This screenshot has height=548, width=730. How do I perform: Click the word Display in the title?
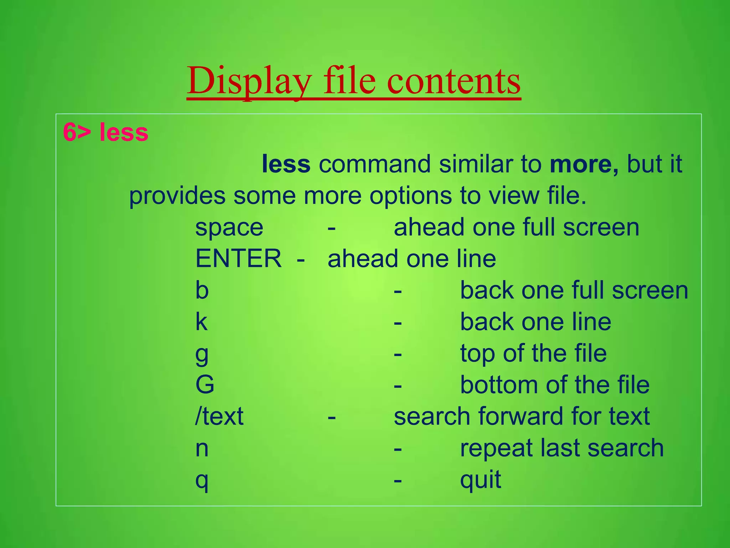pos(250,81)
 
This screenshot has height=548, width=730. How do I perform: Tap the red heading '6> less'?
pos(106,132)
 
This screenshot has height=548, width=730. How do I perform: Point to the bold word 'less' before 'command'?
pos(286,164)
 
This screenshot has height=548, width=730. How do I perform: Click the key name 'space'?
pos(229,228)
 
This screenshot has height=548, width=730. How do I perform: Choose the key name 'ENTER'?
pos(238,259)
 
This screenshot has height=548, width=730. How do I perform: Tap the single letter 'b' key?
pos(202,290)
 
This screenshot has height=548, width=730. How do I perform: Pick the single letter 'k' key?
pos(201,321)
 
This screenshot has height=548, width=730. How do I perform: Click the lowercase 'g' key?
pos(202,354)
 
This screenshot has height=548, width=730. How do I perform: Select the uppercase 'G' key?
pos(205,385)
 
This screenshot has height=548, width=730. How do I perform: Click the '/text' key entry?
pos(219,416)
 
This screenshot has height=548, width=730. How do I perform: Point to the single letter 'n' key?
pos(202,448)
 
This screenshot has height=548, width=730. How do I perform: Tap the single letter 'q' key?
pos(202,481)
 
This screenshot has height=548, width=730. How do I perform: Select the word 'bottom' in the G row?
pos(499,385)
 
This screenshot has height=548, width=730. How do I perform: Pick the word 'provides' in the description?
pos(177,196)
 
